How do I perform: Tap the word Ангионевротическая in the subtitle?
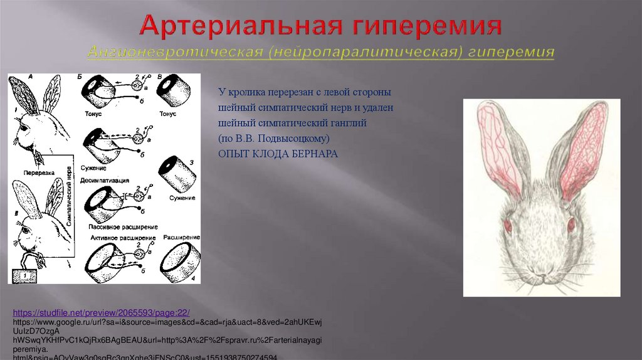(x=174, y=52)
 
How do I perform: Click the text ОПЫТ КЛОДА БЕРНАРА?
(x=278, y=154)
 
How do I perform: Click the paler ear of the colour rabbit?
(x=497, y=141)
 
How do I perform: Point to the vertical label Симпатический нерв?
(x=69, y=198)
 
